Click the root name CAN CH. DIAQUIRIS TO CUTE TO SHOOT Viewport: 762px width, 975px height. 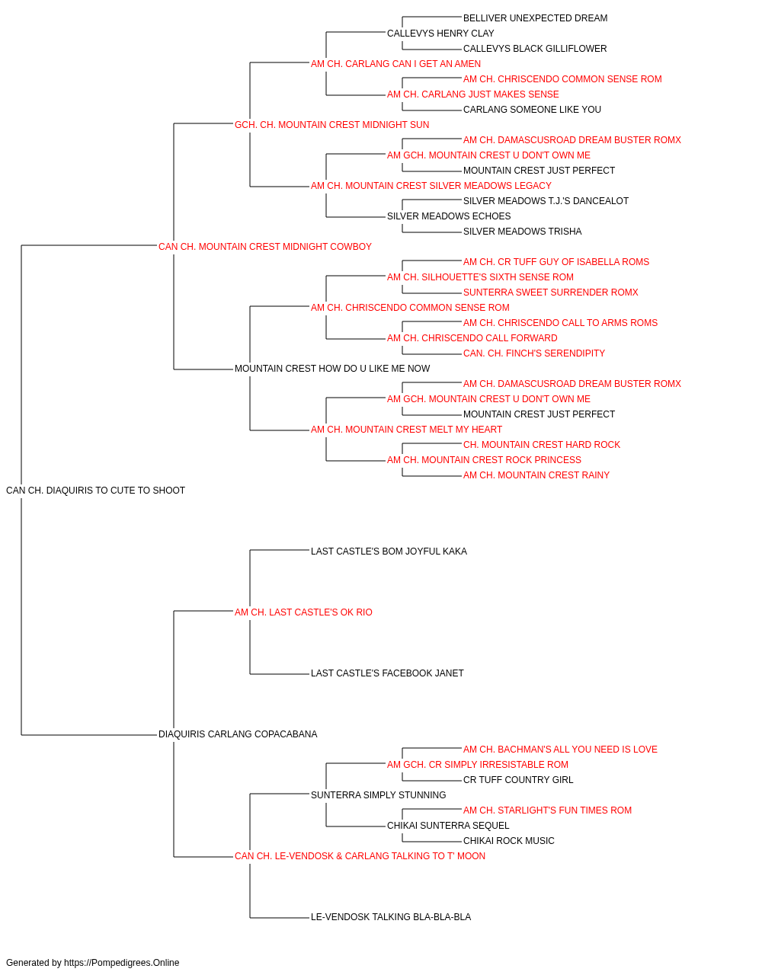tap(95, 491)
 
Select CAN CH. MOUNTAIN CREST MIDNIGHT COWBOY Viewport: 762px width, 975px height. tap(264, 247)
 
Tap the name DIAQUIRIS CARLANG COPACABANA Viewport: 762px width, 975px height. tap(238, 734)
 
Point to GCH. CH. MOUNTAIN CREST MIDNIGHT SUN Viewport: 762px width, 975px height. tap(331, 125)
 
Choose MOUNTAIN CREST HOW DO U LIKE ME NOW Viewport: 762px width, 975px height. tap(332, 369)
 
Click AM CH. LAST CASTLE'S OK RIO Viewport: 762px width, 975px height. tap(303, 612)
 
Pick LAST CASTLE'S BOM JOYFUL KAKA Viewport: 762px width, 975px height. tap(389, 551)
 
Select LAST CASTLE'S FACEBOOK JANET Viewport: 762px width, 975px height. tap(387, 673)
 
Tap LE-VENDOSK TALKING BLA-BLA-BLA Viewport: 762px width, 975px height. tap(391, 917)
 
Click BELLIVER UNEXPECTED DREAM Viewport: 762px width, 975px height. tap(536, 18)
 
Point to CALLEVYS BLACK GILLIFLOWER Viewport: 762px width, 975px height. tap(535, 49)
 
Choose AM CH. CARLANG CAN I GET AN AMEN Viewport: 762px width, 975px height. tap(395, 64)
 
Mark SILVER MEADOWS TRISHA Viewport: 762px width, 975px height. tap(523, 232)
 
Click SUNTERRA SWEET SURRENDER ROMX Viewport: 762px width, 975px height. tap(551, 292)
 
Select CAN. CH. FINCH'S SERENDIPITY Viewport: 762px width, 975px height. tap(534, 353)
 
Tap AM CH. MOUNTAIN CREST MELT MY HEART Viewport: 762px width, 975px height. tap(407, 430)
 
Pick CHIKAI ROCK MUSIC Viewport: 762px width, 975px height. tap(509, 841)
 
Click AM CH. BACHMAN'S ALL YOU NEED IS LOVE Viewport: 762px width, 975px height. tap(560, 750)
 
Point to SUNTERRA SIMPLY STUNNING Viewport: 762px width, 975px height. tap(378, 795)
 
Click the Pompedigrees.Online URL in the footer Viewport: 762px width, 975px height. tap(122, 963)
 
